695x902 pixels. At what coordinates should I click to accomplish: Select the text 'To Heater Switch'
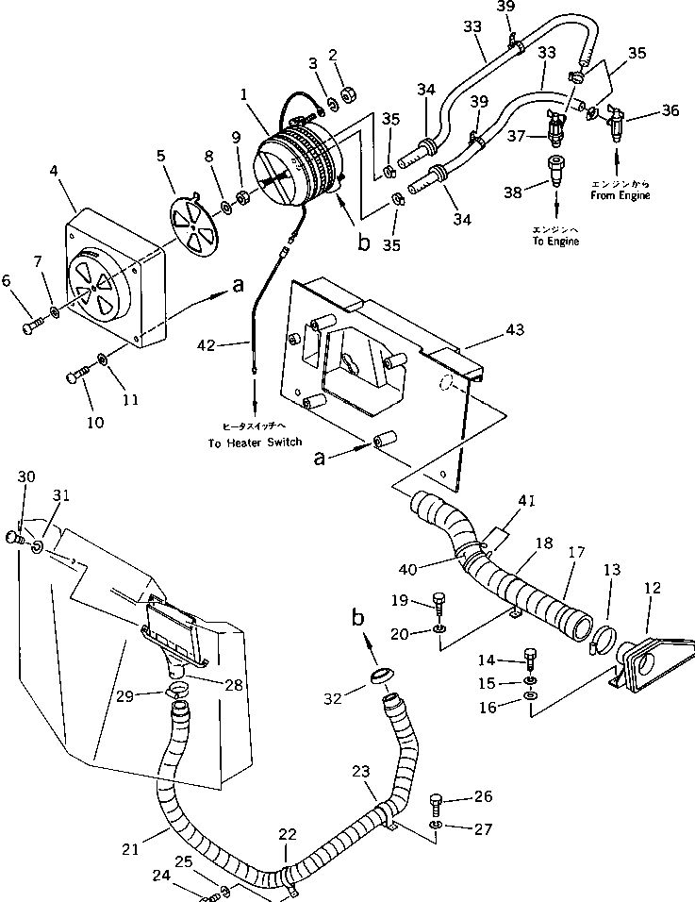[254, 442]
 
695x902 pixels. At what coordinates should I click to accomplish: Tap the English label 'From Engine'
[621, 195]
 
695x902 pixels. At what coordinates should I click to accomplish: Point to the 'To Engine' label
[555, 241]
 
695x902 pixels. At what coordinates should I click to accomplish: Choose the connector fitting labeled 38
[554, 175]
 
